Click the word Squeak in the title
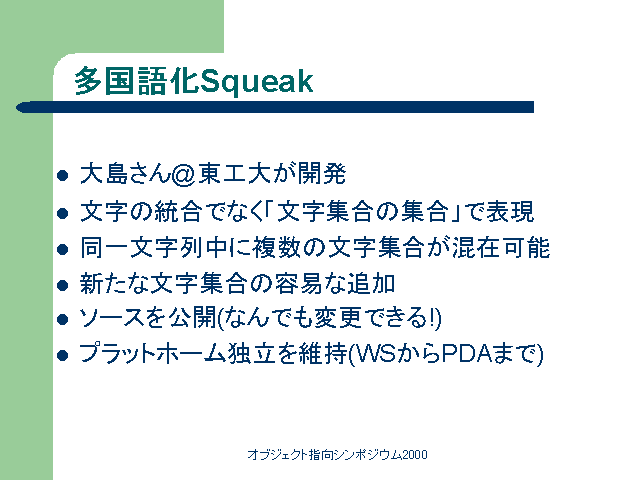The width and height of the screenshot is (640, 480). tap(256, 82)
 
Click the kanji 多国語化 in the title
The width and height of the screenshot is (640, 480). tap(137, 81)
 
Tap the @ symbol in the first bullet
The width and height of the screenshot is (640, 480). tap(184, 174)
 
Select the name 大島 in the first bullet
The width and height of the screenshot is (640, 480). tap(105, 174)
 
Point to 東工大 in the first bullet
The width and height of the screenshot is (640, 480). tap(234, 173)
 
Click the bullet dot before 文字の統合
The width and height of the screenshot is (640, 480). tap(62, 213)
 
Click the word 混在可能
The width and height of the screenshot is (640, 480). tap(501, 247)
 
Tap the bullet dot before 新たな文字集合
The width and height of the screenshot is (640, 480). tap(62, 285)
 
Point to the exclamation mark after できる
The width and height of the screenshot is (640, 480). tap(432, 318)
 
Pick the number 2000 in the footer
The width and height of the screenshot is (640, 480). tap(415, 454)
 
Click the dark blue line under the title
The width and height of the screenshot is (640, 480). tap(275, 107)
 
